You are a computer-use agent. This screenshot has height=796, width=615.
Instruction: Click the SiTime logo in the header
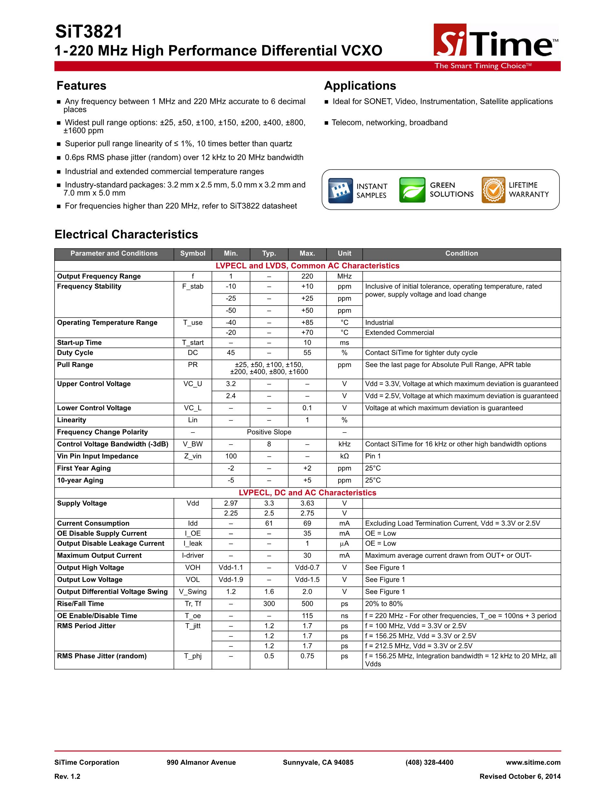tap(495, 41)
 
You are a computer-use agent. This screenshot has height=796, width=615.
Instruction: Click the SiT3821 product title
tap(89, 32)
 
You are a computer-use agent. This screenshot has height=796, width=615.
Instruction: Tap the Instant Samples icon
tap(340, 190)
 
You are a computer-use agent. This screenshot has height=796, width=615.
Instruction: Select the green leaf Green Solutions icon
tap(412, 190)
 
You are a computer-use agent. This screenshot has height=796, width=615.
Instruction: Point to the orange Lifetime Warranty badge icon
tap(493, 190)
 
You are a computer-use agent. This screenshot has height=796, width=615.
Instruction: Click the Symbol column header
tap(193, 254)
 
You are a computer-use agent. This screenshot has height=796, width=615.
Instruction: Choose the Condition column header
tap(461, 254)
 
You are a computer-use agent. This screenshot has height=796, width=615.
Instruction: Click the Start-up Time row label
tap(79, 343)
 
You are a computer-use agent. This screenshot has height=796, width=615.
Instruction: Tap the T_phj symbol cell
tap(193, 656)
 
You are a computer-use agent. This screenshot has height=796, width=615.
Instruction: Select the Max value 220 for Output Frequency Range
tap(307, 276)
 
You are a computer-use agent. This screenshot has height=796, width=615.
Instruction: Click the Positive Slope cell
tap(269, 432)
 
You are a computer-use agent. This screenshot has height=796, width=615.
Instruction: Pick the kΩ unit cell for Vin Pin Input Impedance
tap(344, 456)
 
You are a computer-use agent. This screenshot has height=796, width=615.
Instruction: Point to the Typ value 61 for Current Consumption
tap(269, 523)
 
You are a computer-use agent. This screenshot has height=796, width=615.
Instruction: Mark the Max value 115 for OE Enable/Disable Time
tap(307, 616)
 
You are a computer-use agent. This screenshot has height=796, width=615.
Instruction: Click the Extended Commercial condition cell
tap(400, 333)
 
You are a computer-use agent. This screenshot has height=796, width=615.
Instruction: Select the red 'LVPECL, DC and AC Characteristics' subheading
tap(307, 493)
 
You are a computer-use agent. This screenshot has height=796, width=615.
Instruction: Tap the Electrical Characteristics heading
tap(126, 234)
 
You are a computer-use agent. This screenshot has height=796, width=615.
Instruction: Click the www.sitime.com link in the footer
tap(533, 762)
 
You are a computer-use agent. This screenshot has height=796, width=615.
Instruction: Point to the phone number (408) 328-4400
tap(429, 762)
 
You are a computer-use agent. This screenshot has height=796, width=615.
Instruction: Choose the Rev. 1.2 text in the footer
tap(68, 776)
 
